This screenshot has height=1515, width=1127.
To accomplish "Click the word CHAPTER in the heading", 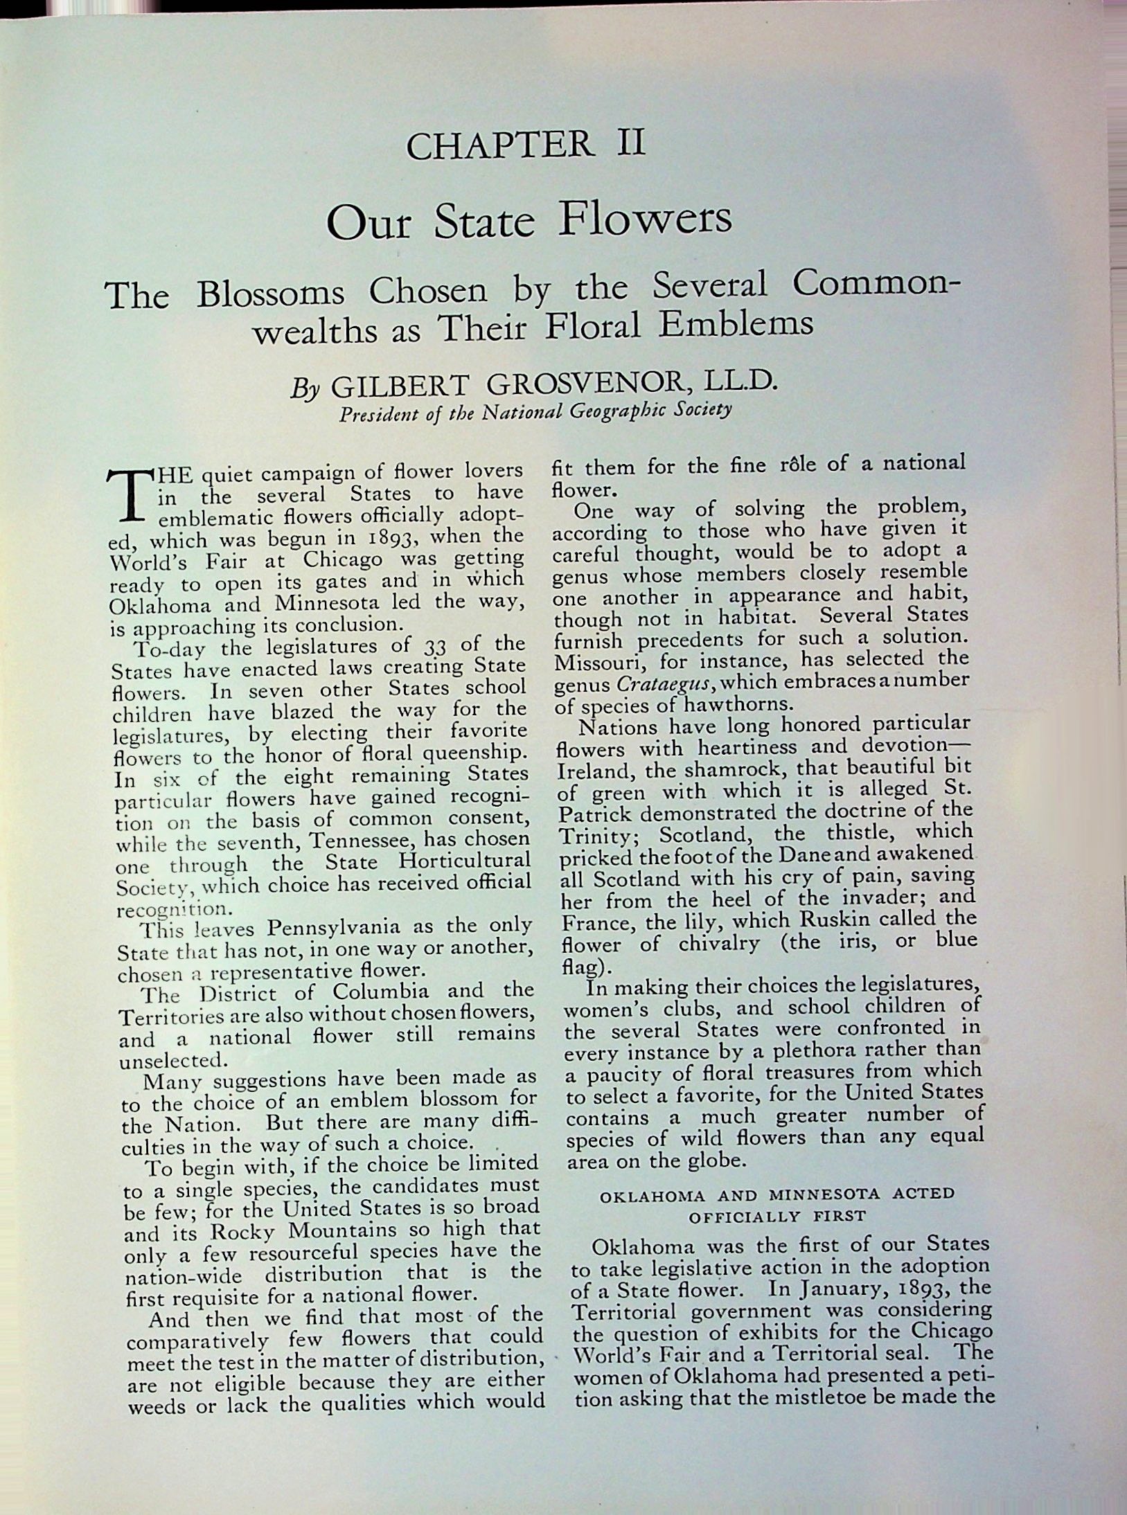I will (500, 146).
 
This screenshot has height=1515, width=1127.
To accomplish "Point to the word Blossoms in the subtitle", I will (270, 294).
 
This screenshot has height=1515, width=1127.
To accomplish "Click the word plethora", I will (817, 1051).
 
